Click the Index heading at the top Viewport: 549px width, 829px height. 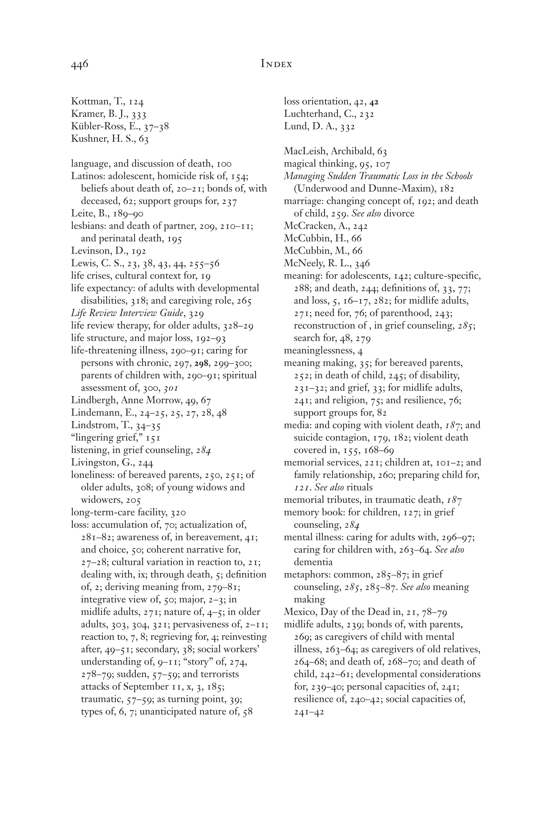(x=276, y=64)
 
